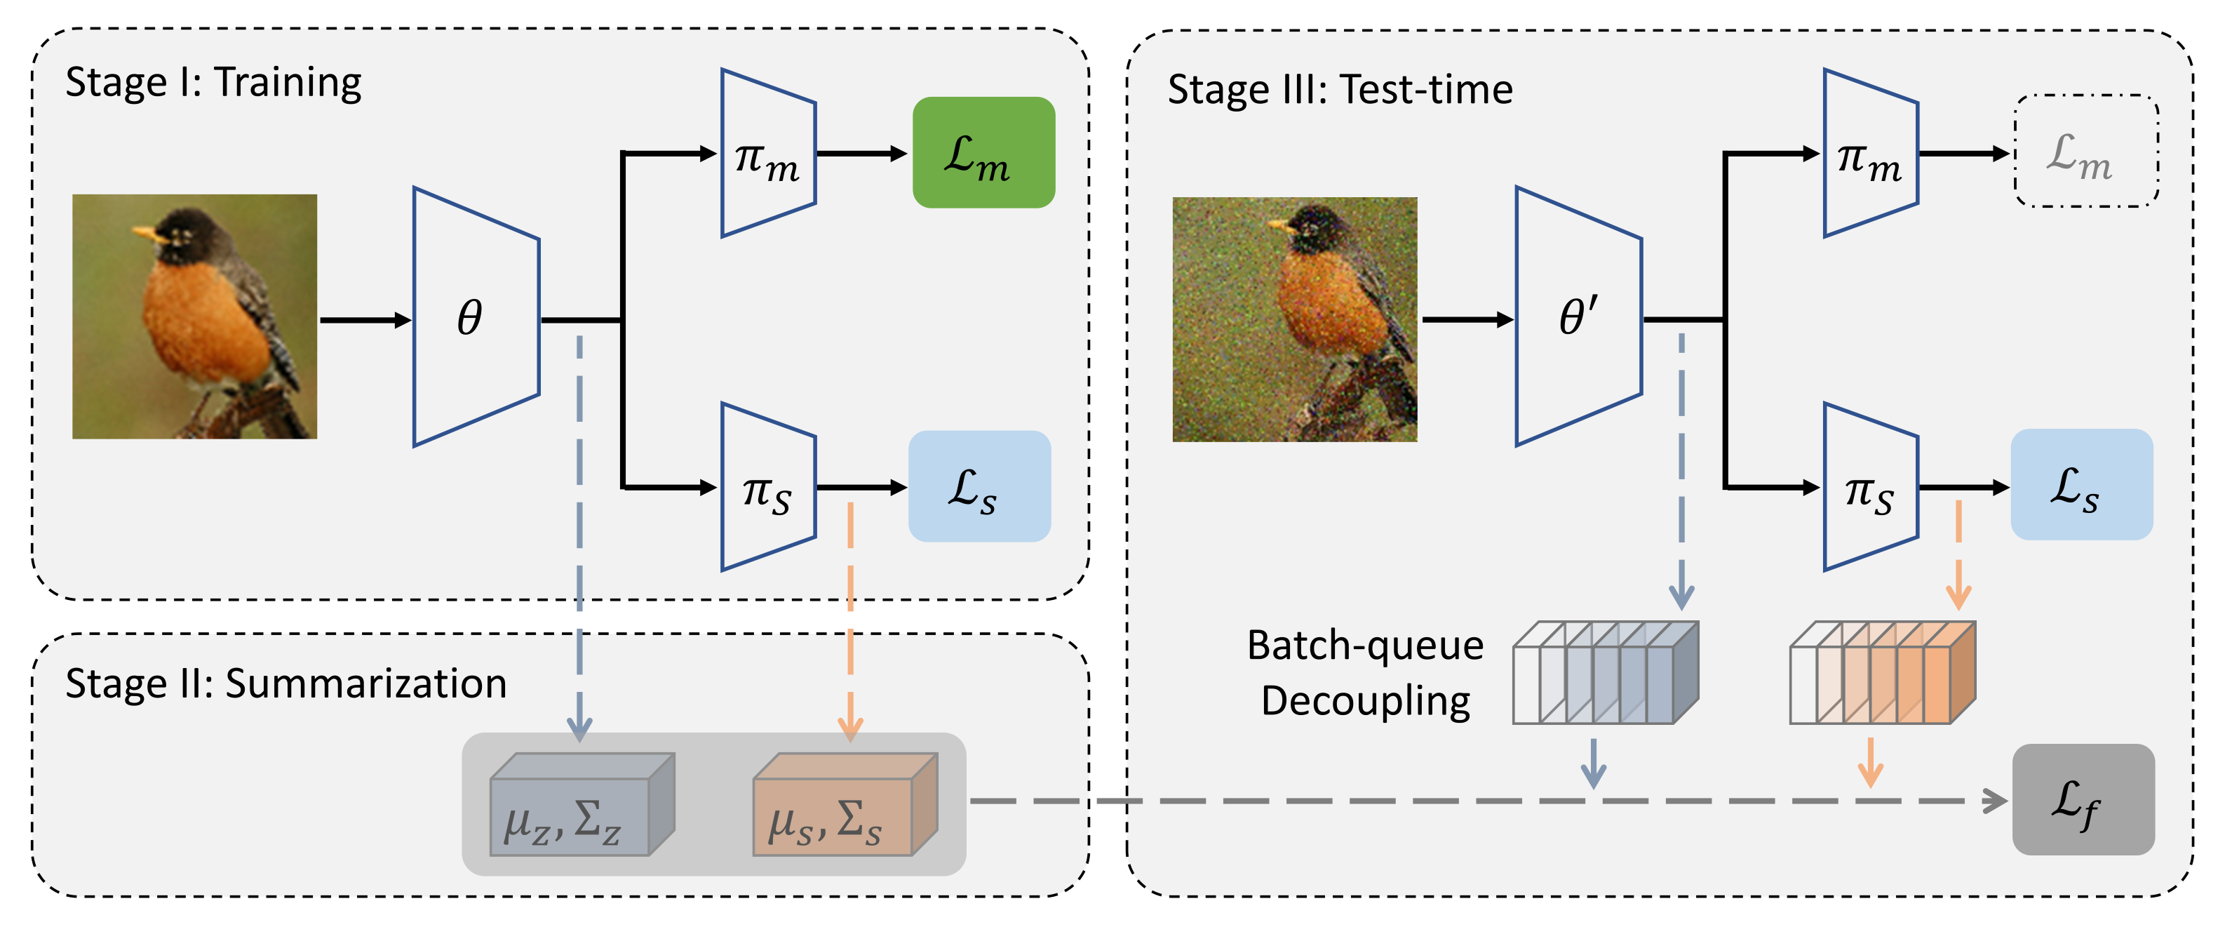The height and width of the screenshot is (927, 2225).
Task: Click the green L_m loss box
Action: [x=984, y=152]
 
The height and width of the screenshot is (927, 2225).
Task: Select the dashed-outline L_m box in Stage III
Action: [x=2087, y=151]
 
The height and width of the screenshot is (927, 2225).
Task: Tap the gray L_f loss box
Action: [x=2083, y=800]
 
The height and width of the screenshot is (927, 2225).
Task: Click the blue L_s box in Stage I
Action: [x=979, y=486]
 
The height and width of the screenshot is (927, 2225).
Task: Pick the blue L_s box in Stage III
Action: [x=2082, y=485]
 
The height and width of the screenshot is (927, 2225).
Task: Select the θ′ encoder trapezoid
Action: [x=1579, y=317]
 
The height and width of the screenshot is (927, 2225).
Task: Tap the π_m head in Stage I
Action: [x=769, y=153]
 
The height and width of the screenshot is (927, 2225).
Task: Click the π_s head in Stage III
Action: [x=1871, y=487]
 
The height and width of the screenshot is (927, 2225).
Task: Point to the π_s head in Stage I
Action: [x=769, y=487]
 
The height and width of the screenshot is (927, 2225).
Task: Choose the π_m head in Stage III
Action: [x=1871, y=153]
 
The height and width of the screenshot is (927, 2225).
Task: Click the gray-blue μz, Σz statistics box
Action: [x=582, y=804]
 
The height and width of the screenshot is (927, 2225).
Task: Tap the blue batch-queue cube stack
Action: [x=1606, y=672]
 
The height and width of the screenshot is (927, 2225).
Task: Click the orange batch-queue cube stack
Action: [x=1883, y=672]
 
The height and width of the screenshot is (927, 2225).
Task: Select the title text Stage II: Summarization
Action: [x=286, y=684]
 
